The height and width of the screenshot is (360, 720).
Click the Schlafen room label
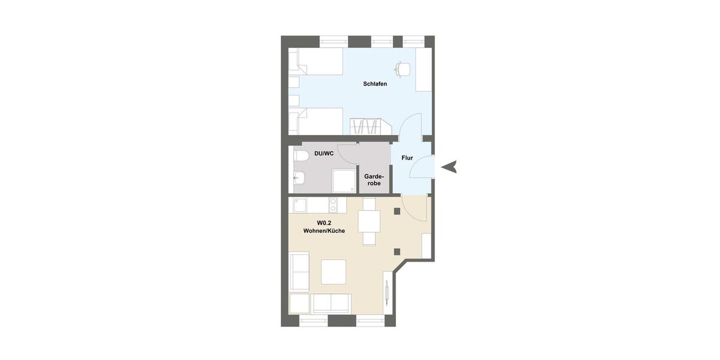click(x=375, y=84)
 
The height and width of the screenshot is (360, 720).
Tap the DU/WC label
click(x=324, y=154)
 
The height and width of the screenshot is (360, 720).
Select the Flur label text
click(x=407, y=158)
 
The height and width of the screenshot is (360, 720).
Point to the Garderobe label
click(x=373, y=179)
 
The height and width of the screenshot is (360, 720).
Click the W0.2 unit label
click(x=324, y=223)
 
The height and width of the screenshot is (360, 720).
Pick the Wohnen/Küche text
click(x=324, y=231)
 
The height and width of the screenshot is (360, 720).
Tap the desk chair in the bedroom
click(x=404, y=68)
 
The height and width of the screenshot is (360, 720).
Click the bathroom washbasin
click(x=299, y=177)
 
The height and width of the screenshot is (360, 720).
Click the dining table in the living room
click(x=369, y=221)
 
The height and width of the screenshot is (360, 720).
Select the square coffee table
click(x=333, y=272)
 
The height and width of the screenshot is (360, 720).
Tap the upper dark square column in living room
click(x=397, y=211)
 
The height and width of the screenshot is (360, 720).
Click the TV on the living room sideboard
click(x=388, y=294)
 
